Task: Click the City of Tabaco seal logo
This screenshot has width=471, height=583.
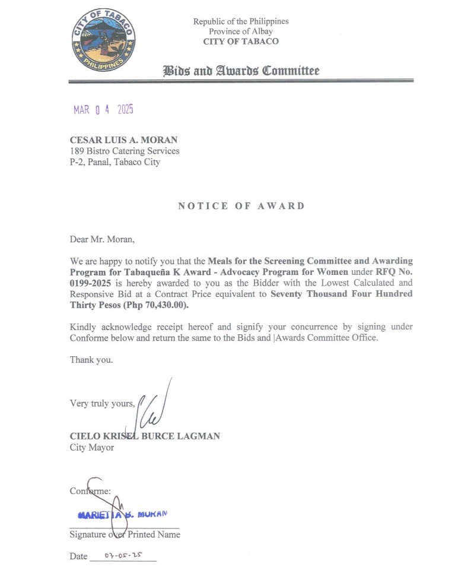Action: pyautogui.click(x=103, y=39)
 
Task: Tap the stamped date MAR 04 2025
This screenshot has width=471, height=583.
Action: pyautogui.click(x=103, y=110)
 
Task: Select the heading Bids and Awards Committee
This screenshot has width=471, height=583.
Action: pyautogui.click(x=241, y=71)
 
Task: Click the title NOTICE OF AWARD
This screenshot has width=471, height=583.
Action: pyautogui.click(x=241, y=206)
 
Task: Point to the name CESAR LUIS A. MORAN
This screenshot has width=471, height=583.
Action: pyautogui.click(x=123, y=140)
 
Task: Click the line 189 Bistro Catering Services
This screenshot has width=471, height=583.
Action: pyautogui.click(x=125, y=151)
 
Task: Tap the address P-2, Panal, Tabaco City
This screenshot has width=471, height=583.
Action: pyautogui.click(x=115, y=161)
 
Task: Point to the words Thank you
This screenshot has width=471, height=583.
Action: pyautogui.click(x=91, y=360)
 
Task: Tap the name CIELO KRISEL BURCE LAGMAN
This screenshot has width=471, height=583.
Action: pyautogui.click(x=145, y=436)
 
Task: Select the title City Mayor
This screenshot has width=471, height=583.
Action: pyautogui.click(x=92, y=447)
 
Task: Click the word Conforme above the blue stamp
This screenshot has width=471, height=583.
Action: pyautogui.click(x=90, y=491)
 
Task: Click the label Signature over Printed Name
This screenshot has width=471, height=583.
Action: pyautogui.click(x=125, y=534)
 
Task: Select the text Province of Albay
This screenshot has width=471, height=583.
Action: pyautogui.click(x=241, y=31)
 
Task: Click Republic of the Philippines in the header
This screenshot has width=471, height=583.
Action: pyautogui.click(x=241, y=21)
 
